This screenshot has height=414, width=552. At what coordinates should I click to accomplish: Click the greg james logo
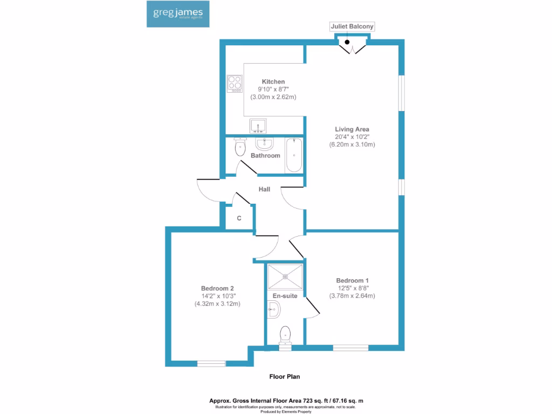tap(178, 14)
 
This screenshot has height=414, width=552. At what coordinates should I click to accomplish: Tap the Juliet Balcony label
tap(353, 26)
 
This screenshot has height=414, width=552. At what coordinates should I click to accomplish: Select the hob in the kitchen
tap(234, 82)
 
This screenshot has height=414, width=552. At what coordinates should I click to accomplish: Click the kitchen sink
tap(258, 126)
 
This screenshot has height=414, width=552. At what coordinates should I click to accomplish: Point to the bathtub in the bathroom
tap(294, 155)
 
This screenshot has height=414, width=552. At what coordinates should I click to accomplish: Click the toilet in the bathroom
tap(240, 147)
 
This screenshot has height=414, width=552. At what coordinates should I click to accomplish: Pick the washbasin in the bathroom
tap(265, 144)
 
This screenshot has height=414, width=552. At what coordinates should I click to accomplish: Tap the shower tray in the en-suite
tap(285, 277)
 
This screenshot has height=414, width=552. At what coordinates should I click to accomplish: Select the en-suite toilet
tap(285, 335)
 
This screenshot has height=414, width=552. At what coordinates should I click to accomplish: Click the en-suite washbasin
tap(274, 309)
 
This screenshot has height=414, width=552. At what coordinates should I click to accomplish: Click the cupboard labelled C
tap(239, 218)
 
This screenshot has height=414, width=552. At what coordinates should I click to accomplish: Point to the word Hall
tap(264, 189)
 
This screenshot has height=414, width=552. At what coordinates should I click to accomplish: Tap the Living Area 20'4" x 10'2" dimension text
tap(351, 137)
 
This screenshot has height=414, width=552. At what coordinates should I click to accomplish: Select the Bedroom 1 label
tap(352, 280)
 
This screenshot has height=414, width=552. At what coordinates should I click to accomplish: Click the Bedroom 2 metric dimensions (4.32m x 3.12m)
tap(217, 303)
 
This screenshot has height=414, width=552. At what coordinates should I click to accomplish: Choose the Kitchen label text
tap(273, 82)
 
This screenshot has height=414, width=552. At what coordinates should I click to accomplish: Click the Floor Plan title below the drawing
tap(288, 377)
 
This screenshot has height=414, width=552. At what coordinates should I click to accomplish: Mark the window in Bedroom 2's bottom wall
tap(211, 364)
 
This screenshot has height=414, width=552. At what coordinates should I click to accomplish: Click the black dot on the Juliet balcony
tap(347, 42)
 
